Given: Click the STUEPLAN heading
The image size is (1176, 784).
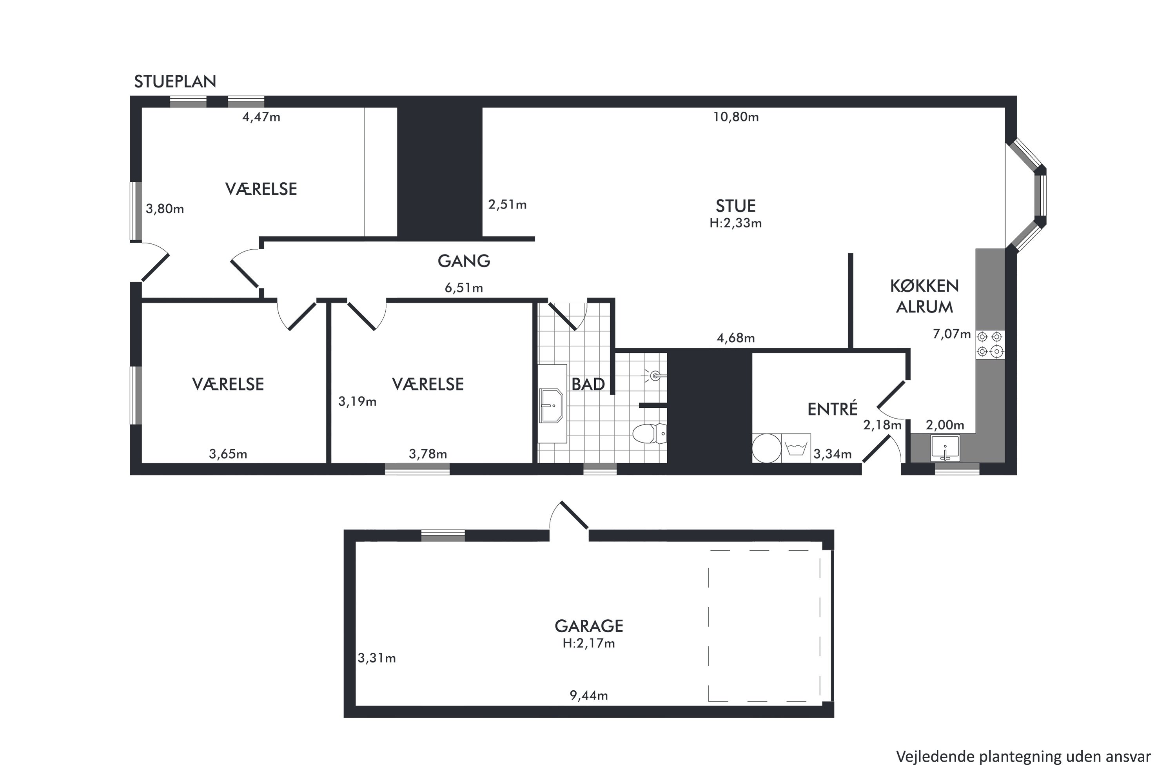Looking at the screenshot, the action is [x=175, y=82].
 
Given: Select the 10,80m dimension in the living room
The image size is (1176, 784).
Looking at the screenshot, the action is [x=735, y=117].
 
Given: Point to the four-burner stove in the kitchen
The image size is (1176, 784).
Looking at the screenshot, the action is [x=990, y=345].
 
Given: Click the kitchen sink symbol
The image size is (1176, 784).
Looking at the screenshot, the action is [x=945, y=448].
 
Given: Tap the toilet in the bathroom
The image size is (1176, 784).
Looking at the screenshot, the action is [x=650, y=434].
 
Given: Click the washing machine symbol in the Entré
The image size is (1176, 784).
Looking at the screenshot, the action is [x=796, y=448].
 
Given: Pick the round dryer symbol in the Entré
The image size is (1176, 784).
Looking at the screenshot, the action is [x=766, y=448].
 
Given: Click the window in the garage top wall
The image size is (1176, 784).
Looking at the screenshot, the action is [x=443, y=535].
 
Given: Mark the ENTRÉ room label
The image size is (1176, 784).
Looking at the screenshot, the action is [x=833, y=409].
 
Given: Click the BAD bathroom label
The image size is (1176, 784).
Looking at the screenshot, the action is [x=588, y=384].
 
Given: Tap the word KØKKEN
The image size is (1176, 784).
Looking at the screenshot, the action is [x=924, y=286].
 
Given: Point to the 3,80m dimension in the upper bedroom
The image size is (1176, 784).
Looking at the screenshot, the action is [x=165, y=209].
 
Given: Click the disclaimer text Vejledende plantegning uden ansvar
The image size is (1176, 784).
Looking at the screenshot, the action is [x=1023, y=757].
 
